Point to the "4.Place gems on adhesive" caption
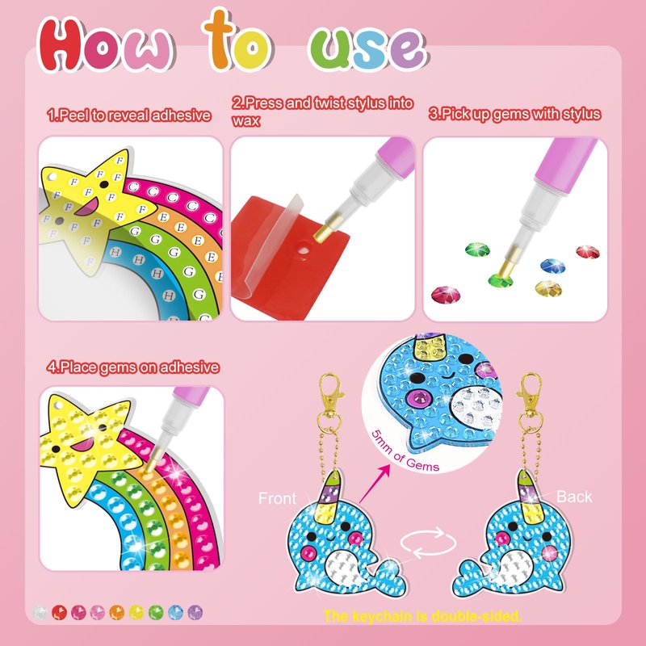point(132,367)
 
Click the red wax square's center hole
point(304,250)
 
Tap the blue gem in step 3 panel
point(552,266)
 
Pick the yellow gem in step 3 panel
point(548,288)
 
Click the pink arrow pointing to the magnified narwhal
point(374,484)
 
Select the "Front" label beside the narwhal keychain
point(277,498)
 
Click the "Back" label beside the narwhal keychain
point(574,497)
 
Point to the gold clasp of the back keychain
point(530,393)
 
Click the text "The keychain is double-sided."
point(422,616)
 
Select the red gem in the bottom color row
point(59,613)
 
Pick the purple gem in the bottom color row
point(195,613)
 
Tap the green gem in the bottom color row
point(156,613)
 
